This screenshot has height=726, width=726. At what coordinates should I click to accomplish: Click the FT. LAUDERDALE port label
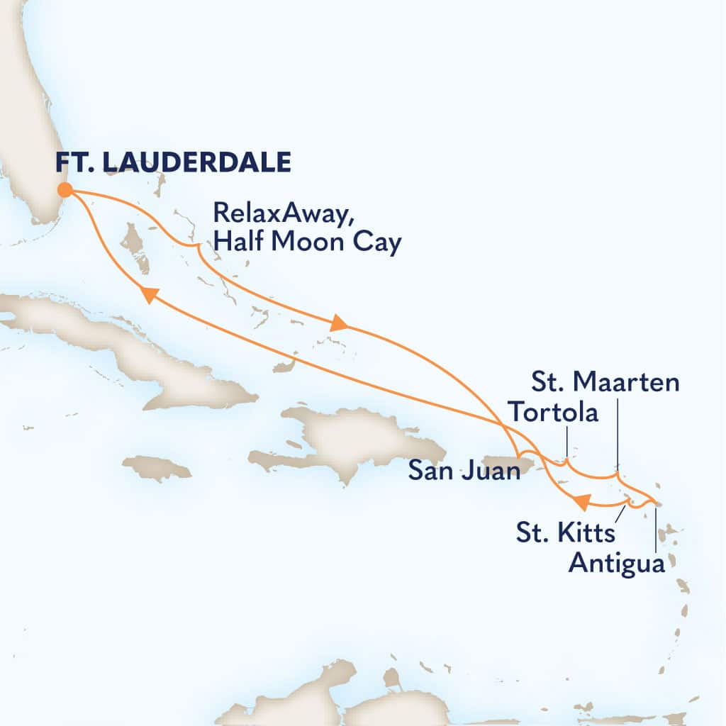pos(174,162)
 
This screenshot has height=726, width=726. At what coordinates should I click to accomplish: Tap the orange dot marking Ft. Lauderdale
pos(65,189)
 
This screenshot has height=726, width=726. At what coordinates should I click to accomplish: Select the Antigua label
pos(618,564)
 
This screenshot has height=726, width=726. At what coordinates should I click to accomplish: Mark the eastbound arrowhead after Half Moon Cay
pos(340,325)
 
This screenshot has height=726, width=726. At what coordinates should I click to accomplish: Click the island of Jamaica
pos(157,468)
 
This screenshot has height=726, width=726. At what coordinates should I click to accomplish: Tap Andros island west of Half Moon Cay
pos(135,245)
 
